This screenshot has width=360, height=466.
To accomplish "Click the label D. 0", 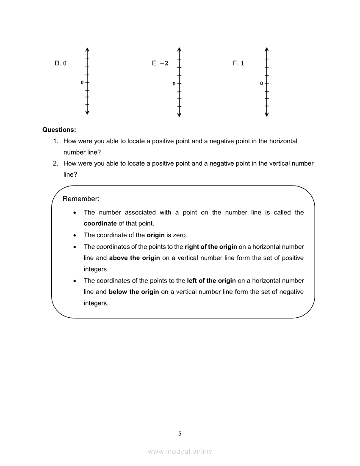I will point(61,63).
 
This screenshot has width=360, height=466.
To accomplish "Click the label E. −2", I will point(160,63).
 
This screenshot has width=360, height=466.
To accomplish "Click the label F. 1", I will point(238,63).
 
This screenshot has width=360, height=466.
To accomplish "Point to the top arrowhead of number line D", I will point(87,48).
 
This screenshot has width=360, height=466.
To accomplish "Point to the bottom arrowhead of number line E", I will point(179,114).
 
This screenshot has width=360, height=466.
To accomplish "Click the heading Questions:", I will point(59,130).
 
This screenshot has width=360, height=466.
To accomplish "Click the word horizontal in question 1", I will point(283,141).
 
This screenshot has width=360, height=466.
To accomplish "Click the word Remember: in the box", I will point(81,199).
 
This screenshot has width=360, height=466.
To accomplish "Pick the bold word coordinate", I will point(100,224).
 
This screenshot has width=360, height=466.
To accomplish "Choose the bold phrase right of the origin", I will point(211,247).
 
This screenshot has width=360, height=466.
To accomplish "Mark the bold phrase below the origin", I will point(134,292).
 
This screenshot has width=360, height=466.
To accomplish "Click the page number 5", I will point(180,433).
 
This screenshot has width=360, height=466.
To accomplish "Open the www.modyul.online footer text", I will point(180,452).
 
